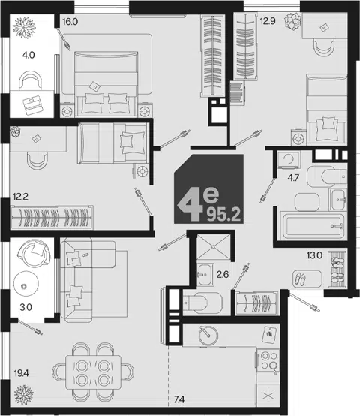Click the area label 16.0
[x=70, y=22]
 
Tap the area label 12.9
[x=268, y=21]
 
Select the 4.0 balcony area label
[x=28, y=55]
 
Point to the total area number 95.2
[x=223, y=214]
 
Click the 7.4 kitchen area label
[x=179, y=399]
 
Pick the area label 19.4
[x=21, y=373]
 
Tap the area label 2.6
[x=223, y=274]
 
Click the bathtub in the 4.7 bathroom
[x=313, y=226]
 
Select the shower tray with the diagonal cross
[x=214, y=246]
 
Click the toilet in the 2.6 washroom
[x=202, y=302]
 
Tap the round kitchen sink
[x=208, y=336]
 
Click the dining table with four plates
[x=93, y=372]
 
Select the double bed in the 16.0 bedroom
[x=106, y=84]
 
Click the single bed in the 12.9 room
[x=326, y=110]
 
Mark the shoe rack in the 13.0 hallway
[x=337, y=270]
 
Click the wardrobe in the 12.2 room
[x=52, y=217]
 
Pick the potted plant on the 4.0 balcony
[x=24, y=27]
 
